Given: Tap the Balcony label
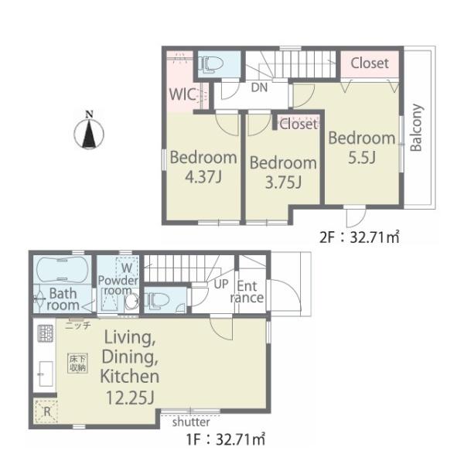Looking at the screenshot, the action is (x=416, y=128).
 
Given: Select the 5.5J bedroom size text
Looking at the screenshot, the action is (x=362, y=157).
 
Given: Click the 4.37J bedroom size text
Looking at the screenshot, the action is (x=203, y=177).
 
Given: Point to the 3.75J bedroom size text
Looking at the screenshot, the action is (x=283, y=183).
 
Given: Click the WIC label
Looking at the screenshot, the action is (x=182, y=94).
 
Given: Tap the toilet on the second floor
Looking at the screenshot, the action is (x=210, y=64).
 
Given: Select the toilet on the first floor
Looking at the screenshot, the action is (x=156, y=299).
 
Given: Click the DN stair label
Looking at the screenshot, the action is (x=259, y=87).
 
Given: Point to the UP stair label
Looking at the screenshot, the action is (x=221, y=284).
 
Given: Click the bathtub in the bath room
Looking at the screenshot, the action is (x=62, y=269).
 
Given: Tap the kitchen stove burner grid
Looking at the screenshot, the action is (x=46, y=333).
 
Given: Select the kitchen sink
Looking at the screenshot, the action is (x=46, y=374).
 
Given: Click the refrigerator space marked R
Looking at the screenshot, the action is (x=46, y=411).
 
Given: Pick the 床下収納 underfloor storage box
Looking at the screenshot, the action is (x=78, y=363).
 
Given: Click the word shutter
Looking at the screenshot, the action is (x=191, y=422).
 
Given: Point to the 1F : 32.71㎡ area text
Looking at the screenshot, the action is (x=226, y=439).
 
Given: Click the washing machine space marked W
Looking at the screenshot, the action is (x=127, y=268).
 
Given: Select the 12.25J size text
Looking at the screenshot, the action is (x=130, y=397).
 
